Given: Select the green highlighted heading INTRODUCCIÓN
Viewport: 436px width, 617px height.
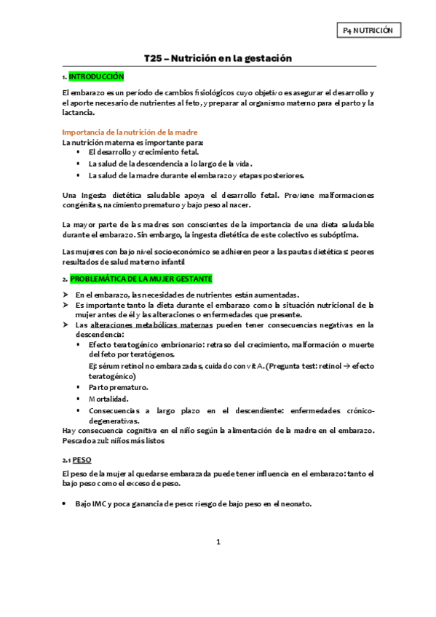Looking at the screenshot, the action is [96, 76].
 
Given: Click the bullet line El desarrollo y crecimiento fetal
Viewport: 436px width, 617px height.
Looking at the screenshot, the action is [132, 152].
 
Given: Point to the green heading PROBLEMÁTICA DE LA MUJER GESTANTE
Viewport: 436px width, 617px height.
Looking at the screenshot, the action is [140, 279].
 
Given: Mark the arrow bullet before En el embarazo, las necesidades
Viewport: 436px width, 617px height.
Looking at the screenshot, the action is [66, 294].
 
